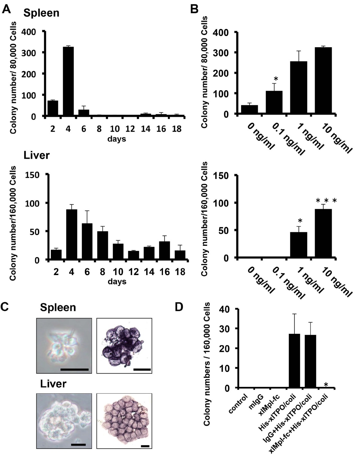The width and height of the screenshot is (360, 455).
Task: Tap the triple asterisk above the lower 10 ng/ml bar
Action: (x=326, y=201)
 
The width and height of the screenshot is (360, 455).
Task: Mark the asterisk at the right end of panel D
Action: (x=326, y=385)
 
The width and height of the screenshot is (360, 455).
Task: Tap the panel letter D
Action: (x=179, y=307)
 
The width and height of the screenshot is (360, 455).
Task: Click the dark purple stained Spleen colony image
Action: (x=124, y=345)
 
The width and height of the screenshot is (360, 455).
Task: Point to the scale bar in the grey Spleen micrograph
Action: (x=74, y=370)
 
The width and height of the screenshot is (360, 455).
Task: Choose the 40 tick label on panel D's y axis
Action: (x=225, y=309)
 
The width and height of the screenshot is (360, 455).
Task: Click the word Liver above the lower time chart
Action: (x=37, y=156)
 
